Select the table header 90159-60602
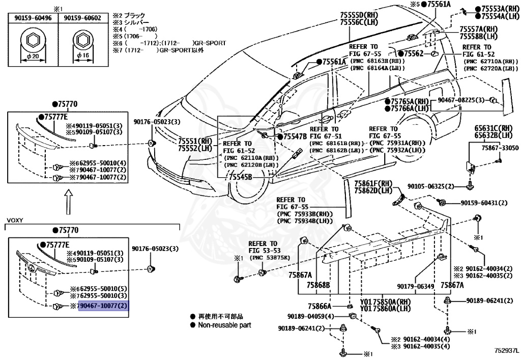pyautogui.click(x=80, y=18)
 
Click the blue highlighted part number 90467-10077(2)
pyautogui.click(x=103, y=306)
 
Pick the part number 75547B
pyautogui.click(x=295, y=137)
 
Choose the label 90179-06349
pyautogui.click(x=416, y=286)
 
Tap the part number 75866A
pyautogui.click(x=320, y=306)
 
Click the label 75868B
pyautogui.click(x=319, y=285)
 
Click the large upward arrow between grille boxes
pyautogui.click(x=68, y=201)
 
